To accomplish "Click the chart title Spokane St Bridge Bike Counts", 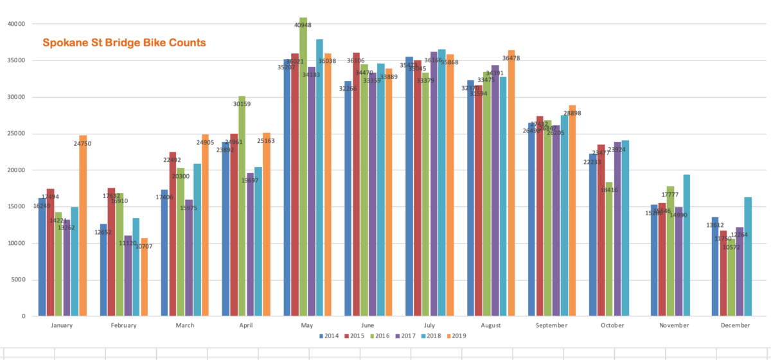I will (124, 43).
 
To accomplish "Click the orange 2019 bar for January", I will (83, 226).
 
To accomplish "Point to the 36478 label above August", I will (511, 59).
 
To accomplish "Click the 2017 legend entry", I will (405, 336).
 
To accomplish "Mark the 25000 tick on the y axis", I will (15, 134).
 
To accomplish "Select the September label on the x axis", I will (551, 325).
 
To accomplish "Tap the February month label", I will (123, 325).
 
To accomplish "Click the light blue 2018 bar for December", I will (748, 256).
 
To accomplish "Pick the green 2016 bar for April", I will (242, 206).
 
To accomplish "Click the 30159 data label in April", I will (242, 104).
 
